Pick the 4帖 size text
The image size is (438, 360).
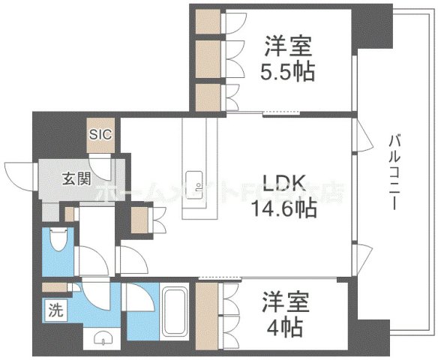tap(284, 327)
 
